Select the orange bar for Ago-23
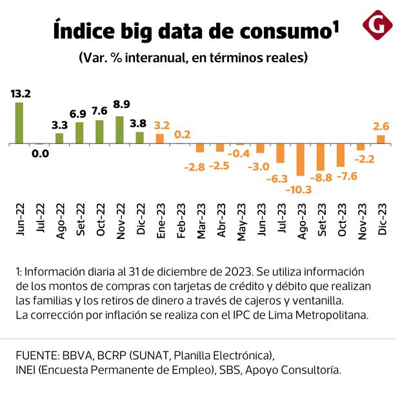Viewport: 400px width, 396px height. pos(300,160)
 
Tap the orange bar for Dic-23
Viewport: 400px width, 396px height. pos(381,139)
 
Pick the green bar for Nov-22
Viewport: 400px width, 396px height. pos(119,130)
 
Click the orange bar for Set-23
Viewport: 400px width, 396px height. pos(321,157)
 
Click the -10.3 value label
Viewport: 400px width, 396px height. pos(300,189)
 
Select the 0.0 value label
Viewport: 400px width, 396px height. pos(40,154)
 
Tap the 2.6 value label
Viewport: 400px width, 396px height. pos(380,125)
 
